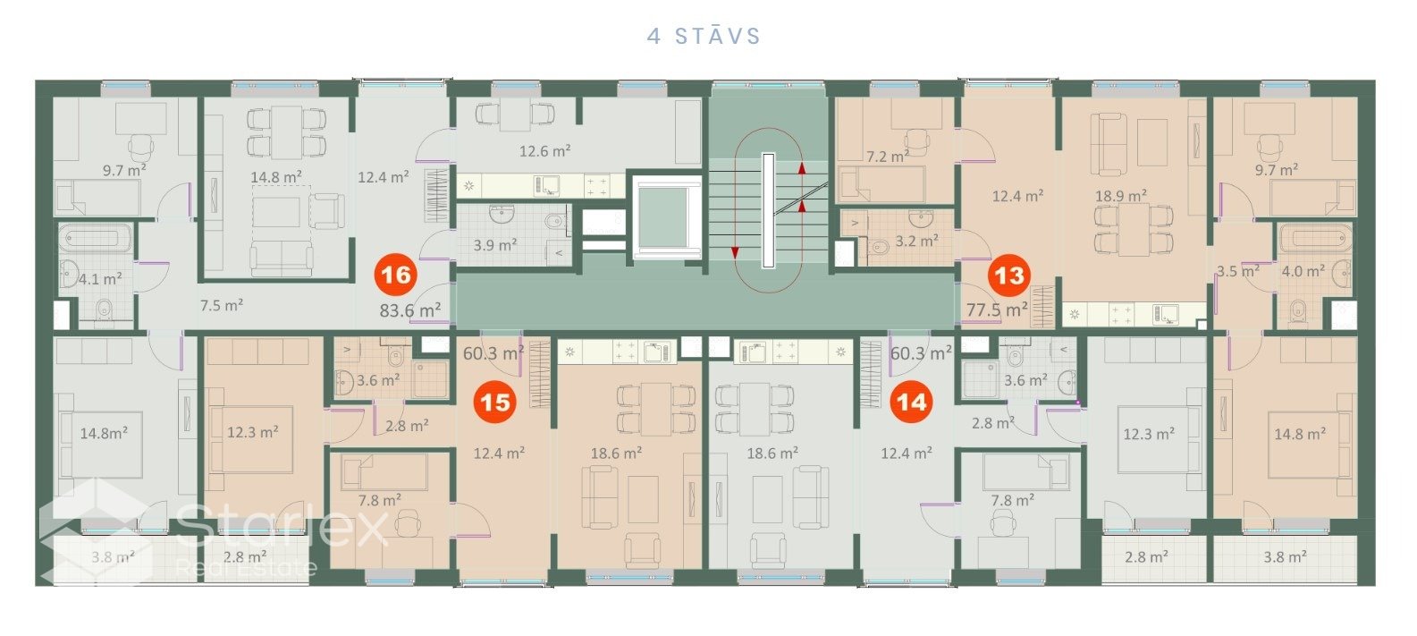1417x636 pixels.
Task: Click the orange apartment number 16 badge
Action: (x=396, y=275)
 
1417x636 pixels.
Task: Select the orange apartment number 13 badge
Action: (x=1009, y=276)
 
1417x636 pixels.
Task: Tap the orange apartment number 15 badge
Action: (x=494, y=402)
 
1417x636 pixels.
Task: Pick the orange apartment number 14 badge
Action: (x=911, y=402)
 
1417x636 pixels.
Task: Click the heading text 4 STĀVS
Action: (x=704, y=36)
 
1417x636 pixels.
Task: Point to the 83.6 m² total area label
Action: (x=410, y=310)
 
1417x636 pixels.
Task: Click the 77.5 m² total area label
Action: (x=997, y=310)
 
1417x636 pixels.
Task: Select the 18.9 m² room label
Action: (x=1121, y=196)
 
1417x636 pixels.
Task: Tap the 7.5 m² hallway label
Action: (x=222, y=306)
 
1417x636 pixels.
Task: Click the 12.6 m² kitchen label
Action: (x=544, y=151)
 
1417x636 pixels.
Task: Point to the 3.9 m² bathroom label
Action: (x=495, y=245)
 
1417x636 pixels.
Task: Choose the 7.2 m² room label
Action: (x=888, y=157)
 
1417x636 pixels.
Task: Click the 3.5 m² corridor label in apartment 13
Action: (x=1238, y=272)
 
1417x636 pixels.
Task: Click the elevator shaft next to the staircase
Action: (x=663, y=214)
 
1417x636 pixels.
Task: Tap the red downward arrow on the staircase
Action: (x=735, y=252)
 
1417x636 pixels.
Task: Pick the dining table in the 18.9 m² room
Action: (x=1134, y=229)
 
